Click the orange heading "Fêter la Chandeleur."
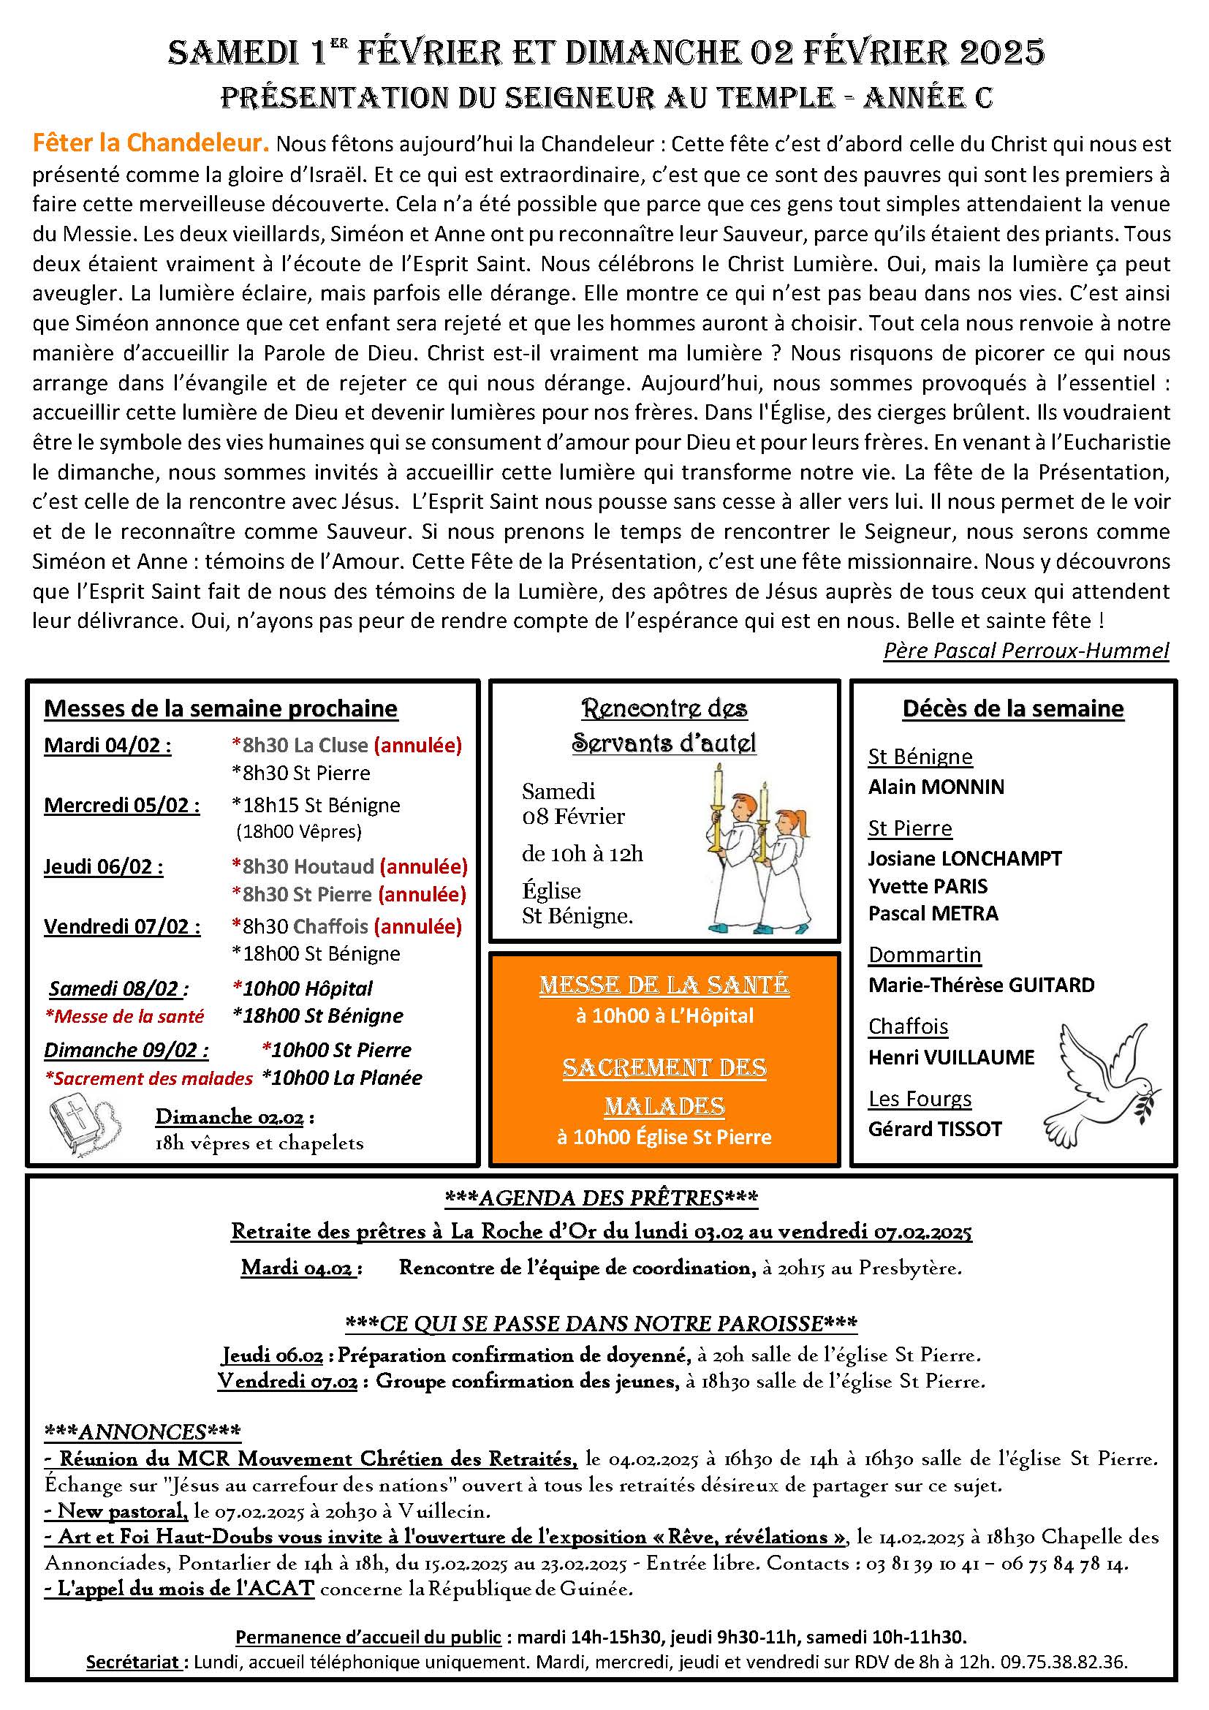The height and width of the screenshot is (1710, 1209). [x=150, y=143]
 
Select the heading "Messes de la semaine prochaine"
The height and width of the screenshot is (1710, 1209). [x=220, y=708]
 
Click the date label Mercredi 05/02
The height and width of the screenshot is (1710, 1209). [x=121, y=805]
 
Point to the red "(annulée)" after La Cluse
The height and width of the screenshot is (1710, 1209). [x=417, y=745]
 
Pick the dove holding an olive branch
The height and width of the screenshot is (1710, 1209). [x=1103, y=1084]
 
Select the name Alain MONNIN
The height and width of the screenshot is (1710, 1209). [x=936, y=787]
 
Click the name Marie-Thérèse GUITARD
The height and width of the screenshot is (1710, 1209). [x=981, y=985]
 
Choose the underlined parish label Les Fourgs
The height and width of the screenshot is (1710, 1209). [x=920, y=1099]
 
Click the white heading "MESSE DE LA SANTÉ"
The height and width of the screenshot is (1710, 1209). [x=664, y=985]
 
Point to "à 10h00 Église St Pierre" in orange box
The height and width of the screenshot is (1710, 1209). [x=664, y=1137]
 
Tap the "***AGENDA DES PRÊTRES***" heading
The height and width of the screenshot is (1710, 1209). [x=601, y=1198]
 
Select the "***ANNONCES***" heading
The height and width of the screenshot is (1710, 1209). [x=143, y=1431]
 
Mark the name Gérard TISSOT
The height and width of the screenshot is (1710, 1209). [x=934, y=1129]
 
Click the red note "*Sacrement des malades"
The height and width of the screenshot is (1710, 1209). [x=149, y=1078]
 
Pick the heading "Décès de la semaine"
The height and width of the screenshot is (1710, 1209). [x=1012, y=708]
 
